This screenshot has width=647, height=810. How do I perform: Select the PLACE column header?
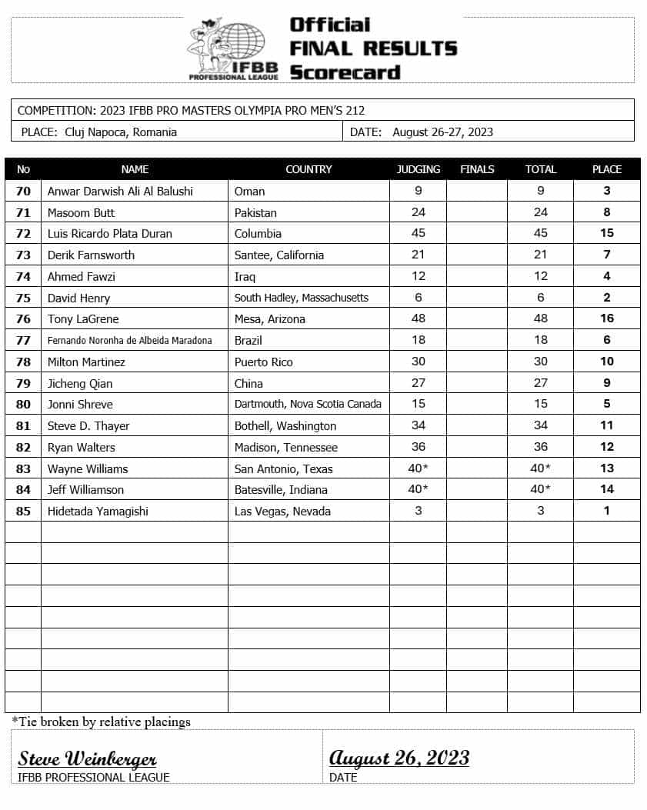click(606, 169)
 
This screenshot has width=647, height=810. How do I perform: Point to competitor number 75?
click(23, 298)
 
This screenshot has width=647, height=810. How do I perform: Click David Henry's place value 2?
click(606, 298)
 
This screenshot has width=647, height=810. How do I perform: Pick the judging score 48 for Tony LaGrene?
click(418, 318)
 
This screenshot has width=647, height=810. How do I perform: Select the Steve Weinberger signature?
click(88, 758)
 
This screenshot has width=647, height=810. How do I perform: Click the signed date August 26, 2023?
click(399, 758)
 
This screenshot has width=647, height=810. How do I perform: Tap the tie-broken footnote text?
click(101, 722)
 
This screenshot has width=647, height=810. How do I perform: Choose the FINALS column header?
click(477, 169)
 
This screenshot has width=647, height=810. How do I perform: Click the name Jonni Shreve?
click(80, 404)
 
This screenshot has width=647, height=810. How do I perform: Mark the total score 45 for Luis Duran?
click(540, 233)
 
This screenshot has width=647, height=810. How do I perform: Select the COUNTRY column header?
click(308, 169)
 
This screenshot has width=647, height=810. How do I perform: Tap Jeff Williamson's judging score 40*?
click(418, 489)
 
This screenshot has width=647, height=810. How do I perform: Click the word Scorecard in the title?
click(345, 72)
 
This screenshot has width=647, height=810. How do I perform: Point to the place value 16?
click(606, 318)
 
